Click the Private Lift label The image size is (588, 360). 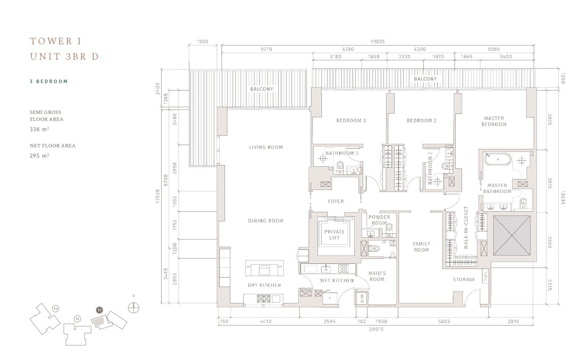click(x=334, y=234)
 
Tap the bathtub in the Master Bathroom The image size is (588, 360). click(x=498, y=159)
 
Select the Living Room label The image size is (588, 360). click(x=266, y=147)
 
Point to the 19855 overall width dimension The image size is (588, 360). click(x=377, y=41)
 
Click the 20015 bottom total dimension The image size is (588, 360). click(x=376, y=329)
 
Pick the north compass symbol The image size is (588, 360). click(x=134, y=308)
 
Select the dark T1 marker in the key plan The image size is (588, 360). click(x=99, y=310)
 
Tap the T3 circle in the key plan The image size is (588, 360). click(x=55, y=309)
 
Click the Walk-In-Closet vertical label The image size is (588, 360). click(x=466, y=227)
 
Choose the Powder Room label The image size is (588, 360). click(x=379, y=220)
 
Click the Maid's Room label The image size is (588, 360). click(x=377, y=276)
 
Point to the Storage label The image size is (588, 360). click(x=464, y=279)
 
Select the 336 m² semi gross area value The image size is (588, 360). click(x=40, y=129)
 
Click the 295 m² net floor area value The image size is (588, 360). click(x=40, y=156)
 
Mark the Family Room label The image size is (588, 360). click(x=421, y=247)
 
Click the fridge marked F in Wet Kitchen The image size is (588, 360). click(x=330, y=298)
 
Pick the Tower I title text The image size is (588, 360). click(x=56, y=41)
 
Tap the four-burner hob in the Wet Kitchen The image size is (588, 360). click(x=343, y=269)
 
